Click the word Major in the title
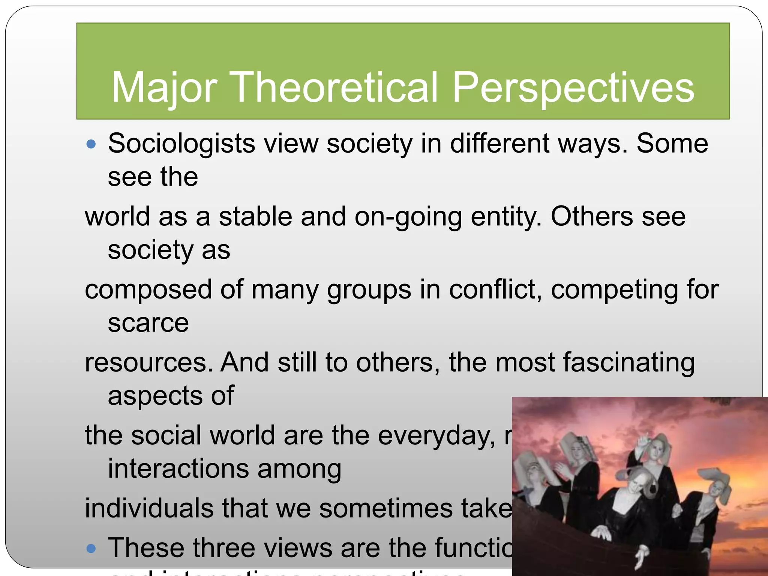[164, 88]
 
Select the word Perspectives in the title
[573, 88]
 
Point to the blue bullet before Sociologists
[91, 144]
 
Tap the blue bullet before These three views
[91, 549]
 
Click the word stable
[255, 216]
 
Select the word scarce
[148, 323]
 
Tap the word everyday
[436, 436]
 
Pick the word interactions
[178, 469]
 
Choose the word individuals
[149, 508]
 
